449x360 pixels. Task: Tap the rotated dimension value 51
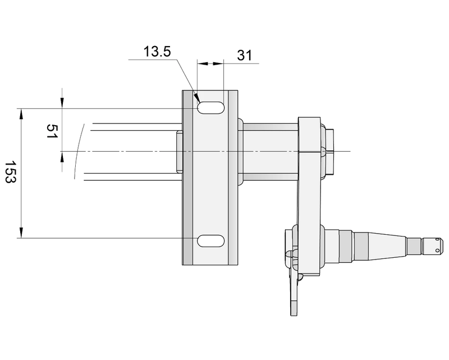pos(51,133)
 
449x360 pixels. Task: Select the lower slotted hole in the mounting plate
pos(210,240)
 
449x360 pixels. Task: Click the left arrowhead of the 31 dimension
pos(201,64)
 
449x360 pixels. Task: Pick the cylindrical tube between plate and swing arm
pos(268,152)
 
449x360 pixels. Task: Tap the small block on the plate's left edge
pos(179,152)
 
